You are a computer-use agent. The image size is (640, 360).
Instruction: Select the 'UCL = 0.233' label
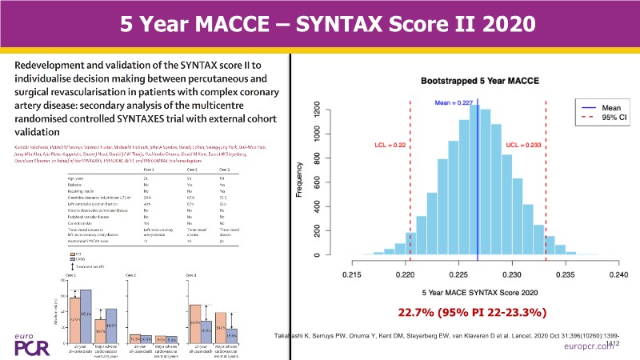(x=524, y=145)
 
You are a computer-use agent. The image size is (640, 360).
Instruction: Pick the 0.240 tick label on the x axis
(x=618, y=274)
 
